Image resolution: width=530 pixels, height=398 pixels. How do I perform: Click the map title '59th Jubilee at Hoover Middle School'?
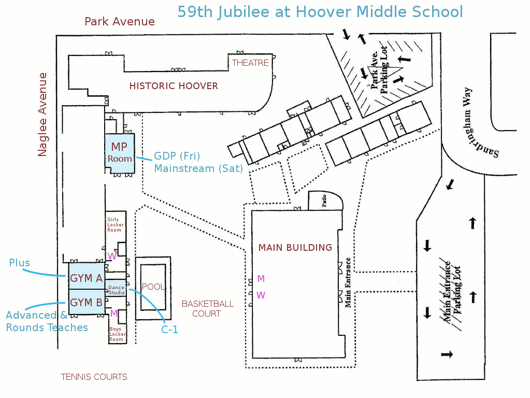click(320, 12)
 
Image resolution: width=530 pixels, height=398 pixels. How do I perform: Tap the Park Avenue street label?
click(120, 22)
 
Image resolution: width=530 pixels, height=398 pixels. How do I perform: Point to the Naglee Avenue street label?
click(42, 115)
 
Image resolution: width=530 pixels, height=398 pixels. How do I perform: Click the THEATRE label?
click(250, 63)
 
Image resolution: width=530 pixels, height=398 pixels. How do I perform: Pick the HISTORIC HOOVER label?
click(174, 86)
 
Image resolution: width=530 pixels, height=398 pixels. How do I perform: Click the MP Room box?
click(120, 153)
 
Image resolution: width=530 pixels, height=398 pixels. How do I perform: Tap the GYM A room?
click(86, 276)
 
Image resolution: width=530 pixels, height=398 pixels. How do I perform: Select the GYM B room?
click(86, 302)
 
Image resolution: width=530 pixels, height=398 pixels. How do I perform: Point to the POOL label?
click(153, 287)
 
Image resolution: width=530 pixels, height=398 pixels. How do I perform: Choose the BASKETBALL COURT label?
click(208, 309)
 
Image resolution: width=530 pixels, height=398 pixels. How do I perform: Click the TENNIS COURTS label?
click(94, 377)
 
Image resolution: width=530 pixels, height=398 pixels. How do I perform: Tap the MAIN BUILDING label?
click(295, 248)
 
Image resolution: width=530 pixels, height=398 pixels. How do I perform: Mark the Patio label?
click(324, 201)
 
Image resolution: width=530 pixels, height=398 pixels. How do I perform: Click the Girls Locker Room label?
click(115, 225)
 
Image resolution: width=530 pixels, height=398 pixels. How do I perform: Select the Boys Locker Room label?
click(117, 334)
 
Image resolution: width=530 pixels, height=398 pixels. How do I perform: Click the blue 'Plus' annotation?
click(19, 263)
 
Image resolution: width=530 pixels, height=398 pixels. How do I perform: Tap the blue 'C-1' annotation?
click(169, 330)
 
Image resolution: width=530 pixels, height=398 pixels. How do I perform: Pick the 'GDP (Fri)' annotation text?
click(177, 156)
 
